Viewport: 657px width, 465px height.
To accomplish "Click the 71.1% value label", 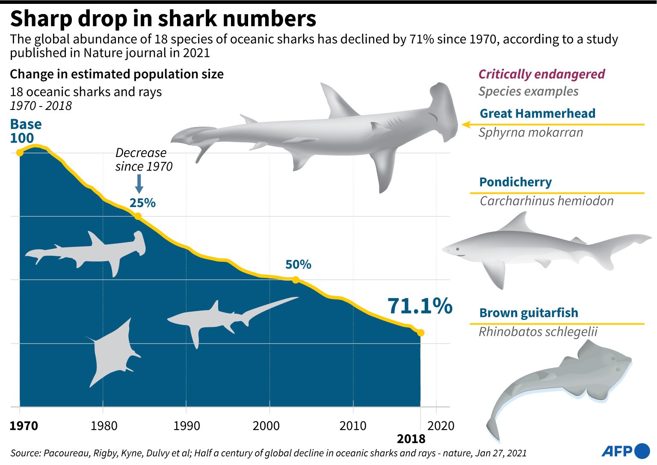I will (420, 306).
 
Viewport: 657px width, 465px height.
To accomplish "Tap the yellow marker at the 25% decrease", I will (138, 216).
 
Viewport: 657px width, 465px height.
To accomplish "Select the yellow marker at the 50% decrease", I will (295, 280).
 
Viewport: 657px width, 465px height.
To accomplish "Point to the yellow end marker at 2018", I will (420, 333).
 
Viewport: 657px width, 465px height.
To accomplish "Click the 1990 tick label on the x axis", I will (186, 426).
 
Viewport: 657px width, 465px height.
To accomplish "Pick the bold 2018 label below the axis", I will (411, 439).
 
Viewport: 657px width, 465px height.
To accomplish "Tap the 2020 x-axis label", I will (441, 426).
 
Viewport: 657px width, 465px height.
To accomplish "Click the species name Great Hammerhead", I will (537, 113).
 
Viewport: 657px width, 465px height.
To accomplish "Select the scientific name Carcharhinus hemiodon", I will (546, 201).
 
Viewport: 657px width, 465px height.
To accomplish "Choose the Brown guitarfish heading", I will (528, 313).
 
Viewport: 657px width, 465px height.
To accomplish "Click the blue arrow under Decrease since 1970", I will (139, 184).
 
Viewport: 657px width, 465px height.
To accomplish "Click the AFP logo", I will (626, 451).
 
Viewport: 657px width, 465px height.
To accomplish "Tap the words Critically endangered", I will (542, 74).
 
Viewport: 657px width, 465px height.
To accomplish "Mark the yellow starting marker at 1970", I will (20, 153).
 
